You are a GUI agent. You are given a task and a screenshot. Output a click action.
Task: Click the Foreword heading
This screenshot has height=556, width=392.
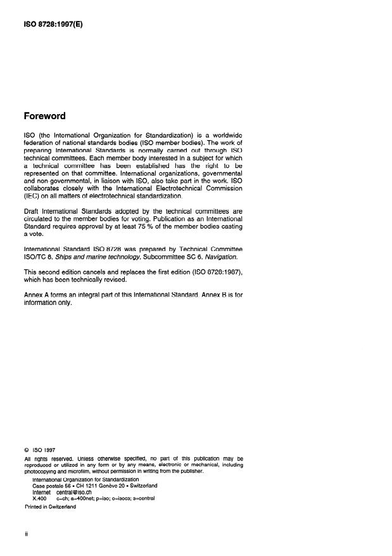(44, 117)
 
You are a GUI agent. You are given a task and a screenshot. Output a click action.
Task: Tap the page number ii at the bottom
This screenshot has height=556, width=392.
(26, 534)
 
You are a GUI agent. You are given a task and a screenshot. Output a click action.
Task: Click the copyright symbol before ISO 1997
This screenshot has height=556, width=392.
(26, 449)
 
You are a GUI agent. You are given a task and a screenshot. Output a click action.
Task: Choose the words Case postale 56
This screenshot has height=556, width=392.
(51, 486)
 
